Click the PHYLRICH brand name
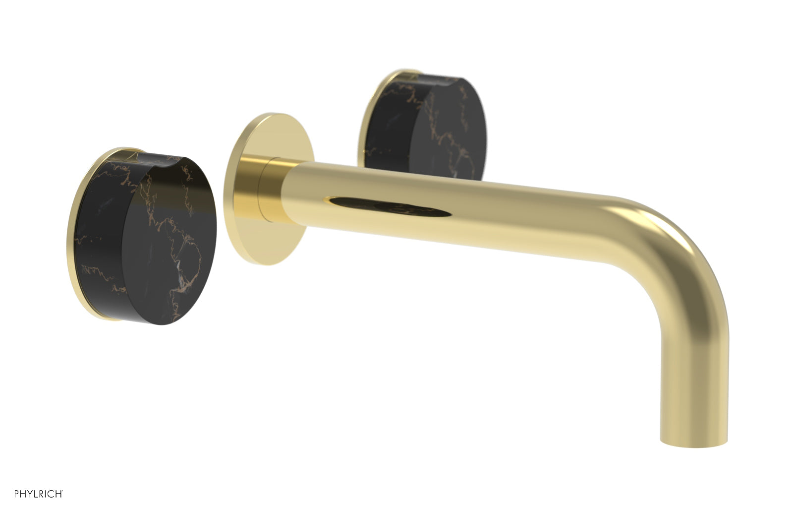click(38, 494)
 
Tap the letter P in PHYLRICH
click(16, 494)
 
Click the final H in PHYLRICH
click(59, 494)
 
